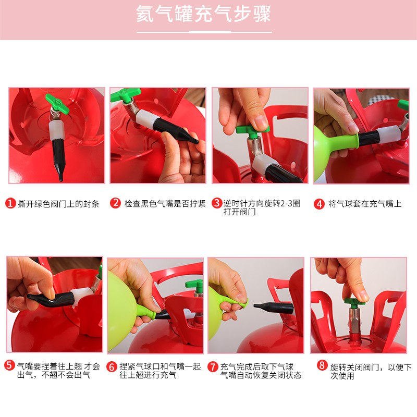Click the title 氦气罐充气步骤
pyautogui.click(x=203, y=14)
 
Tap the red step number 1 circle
pyautogui.click(x=10, y=203)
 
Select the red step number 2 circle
pyautogui.click(x=115, y=203)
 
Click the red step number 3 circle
pyautogui.click(x=217, y=203)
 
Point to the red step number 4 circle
pyautogui.click(x=319, y=204)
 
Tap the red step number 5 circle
pyautogui.click(x=9, y=365)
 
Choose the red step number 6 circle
pyautogui.click(x=112, y=367)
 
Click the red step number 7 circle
pyautogui.click(x=213, y=367)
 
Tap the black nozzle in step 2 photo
pyautogui.click(x=176, y=130)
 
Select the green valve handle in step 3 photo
pyautogui.click(x=252, y=130)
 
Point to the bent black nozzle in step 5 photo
pyautogui.click(x=51, y=298)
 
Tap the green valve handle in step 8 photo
pyautogui.click(x=355, y=302)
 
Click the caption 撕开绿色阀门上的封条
pyautogui.click(x=58, y=204)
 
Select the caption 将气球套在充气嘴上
pyautogui.click(x=365, y=204)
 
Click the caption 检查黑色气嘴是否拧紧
pyautogui.click(x=165, y=204)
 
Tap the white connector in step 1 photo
pyautogui.click(x=57, y=130)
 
